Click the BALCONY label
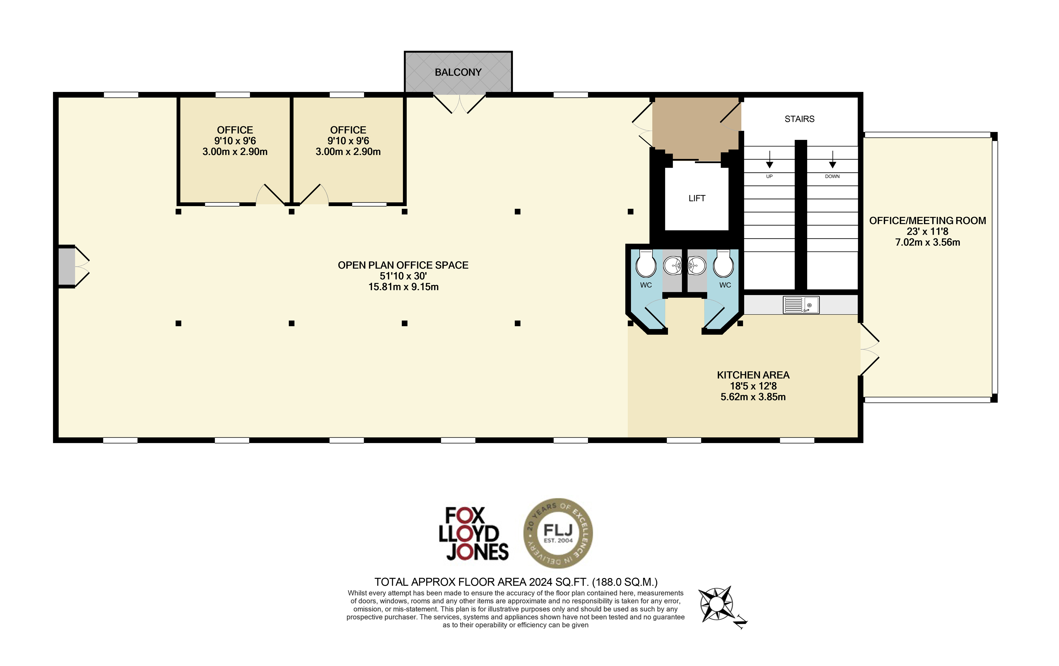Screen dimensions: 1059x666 pos(458,72)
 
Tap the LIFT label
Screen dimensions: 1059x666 pos(697,198)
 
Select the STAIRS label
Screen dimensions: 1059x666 pos(799,119)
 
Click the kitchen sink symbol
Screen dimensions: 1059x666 pos(801,305)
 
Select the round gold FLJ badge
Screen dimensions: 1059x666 pos(558,533)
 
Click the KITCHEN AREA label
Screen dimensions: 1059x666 pos(753,375)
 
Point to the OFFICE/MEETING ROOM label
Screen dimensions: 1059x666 pos(927,220)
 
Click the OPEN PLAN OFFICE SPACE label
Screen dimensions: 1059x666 pos(403,265)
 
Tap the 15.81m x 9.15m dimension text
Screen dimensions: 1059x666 pos(403,287)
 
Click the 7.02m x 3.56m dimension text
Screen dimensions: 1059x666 pos(927,242)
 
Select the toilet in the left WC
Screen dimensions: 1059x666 pos(646,264)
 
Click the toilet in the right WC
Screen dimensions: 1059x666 pos(724,264)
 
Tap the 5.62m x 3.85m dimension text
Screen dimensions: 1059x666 pos(753,397)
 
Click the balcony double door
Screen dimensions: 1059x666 pos(460,104)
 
